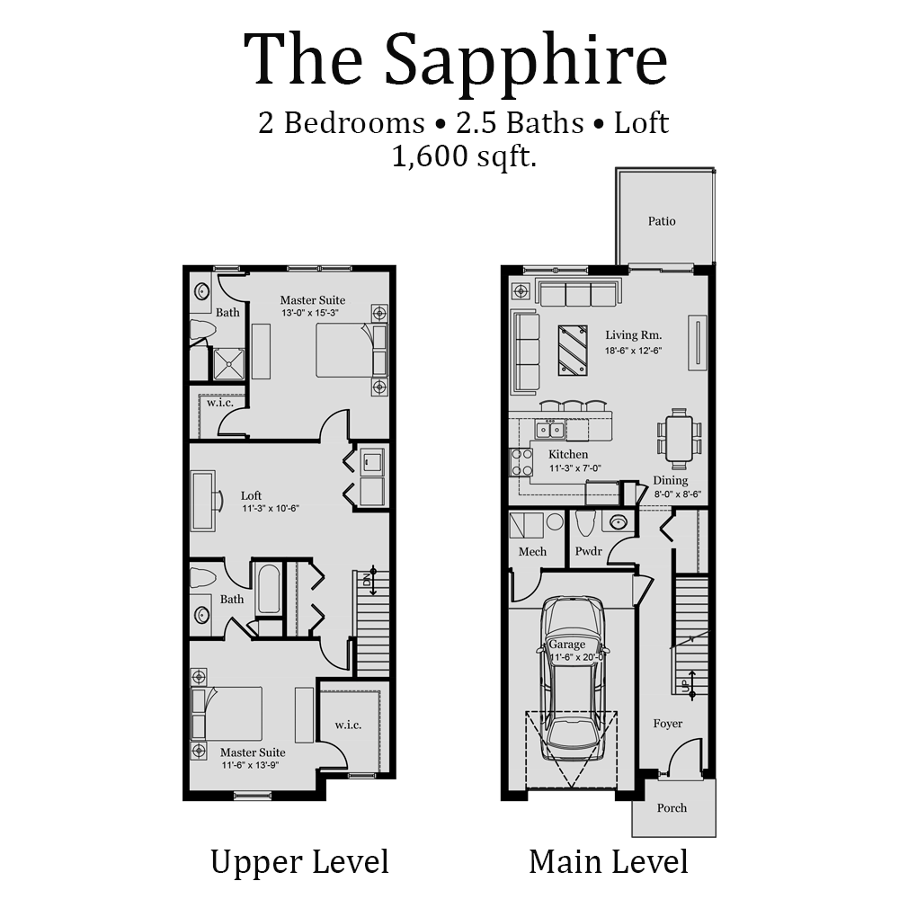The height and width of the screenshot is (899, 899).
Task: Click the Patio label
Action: (x=662, y=221)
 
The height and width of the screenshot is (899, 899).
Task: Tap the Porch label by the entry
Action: (x=672, y=807)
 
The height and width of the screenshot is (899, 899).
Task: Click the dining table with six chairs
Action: (x=680, y=439)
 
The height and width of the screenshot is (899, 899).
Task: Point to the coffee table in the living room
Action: (x=573, y=349)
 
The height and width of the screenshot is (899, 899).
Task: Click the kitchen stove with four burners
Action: (x=521, y=461)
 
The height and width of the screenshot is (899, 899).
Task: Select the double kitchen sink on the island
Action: (x=549, y=430)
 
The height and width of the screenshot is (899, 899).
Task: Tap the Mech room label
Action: (x=532, y=551)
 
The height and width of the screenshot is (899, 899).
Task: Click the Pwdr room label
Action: (x=589, y=551)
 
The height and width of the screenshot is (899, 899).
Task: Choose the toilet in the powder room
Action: (x=586, y=523)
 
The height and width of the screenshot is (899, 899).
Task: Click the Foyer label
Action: (x=667, y=724)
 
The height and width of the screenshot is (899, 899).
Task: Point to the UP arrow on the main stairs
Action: (x=691, y=683)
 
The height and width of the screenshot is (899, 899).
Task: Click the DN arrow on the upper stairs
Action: (x=371, y=580)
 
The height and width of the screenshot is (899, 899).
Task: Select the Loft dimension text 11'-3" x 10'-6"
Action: (x=270, y=509)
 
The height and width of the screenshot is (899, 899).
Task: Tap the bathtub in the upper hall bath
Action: (x=268, y=589)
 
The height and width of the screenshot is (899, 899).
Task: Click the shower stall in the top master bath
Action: (x=227, y=363)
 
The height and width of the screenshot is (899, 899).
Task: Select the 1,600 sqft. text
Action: (x=464, y=157)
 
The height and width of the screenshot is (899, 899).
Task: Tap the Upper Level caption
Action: (x=299, y=861)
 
